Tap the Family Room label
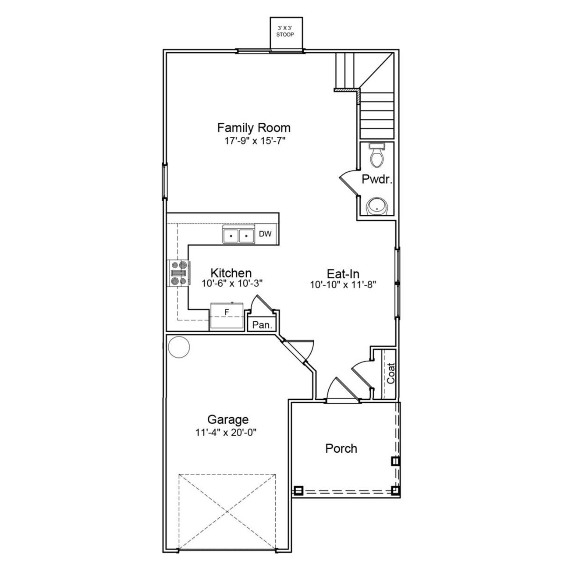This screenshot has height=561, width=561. point(254,128)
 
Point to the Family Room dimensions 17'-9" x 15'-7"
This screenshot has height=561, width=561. point(254,141)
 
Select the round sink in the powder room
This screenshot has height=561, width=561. point(376,206)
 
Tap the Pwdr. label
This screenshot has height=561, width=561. point(376,179)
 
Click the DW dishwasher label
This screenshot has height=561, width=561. point(265,234)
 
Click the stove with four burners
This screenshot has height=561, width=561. point(179,273)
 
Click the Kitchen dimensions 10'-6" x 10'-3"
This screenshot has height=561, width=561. point(232,284)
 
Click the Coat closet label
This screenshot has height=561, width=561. point(391,373)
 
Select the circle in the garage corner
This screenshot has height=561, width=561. point(179,347)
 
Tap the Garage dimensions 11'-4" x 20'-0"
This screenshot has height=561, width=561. point(226,433)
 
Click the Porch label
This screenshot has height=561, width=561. point(341,448)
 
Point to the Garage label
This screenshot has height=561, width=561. point(228,420)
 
